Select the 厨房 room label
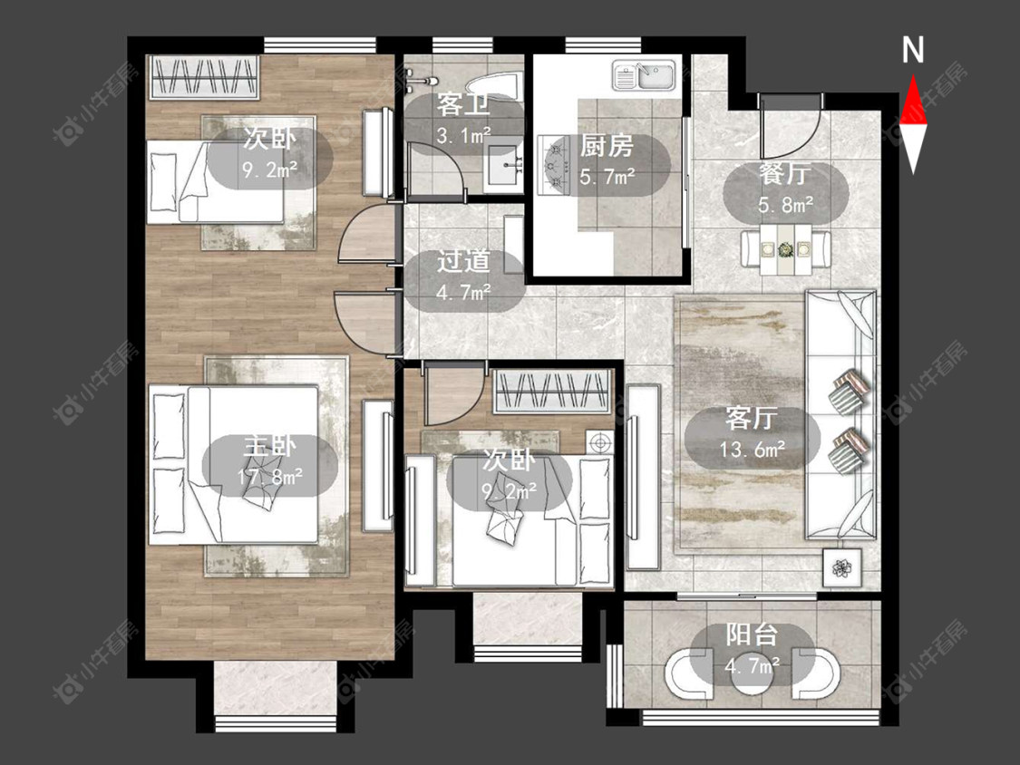point(607,146)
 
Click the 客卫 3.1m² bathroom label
point(464,120)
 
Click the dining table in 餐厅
point(786,249)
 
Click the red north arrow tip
point(913,76)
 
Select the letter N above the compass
point(913,50)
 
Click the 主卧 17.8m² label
point(269,462)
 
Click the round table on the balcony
point(752,679)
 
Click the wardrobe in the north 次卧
point(204,77)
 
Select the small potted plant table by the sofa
point(841,568)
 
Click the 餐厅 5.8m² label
point(785,189)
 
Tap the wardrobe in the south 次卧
point(552,392)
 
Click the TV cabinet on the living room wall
point(642,478)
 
